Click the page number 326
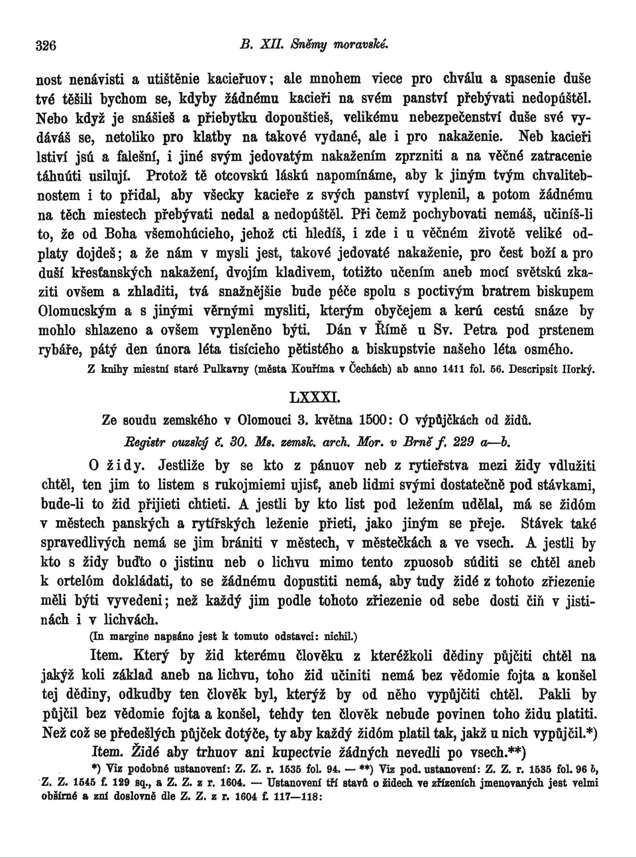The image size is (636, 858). point(46,46)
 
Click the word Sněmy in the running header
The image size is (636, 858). point(310,45)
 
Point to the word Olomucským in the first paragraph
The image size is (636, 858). point(78,310)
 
